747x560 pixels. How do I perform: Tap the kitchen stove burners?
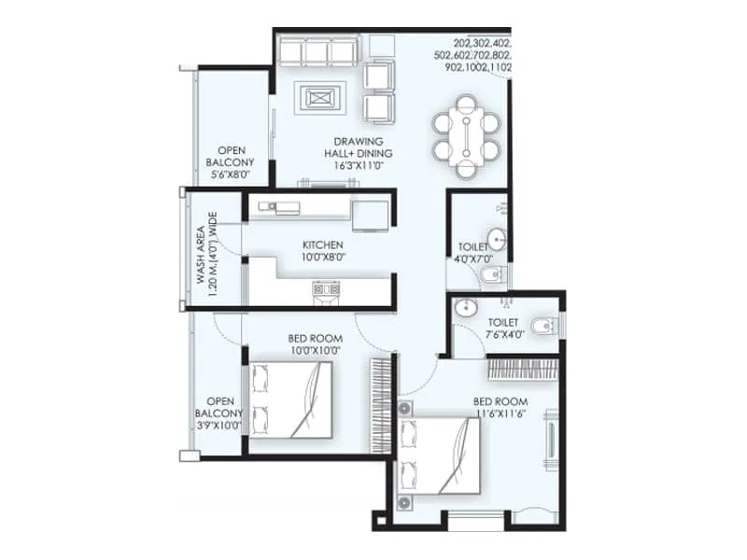click(x=324, y=289)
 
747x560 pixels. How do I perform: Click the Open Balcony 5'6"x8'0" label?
click(x=230, y=161)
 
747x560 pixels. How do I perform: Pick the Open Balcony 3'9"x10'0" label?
click(x=219, y=413)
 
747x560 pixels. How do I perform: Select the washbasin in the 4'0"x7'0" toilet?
click(x=498, y=241)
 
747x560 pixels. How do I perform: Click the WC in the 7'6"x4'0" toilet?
click(x=544, y=325)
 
